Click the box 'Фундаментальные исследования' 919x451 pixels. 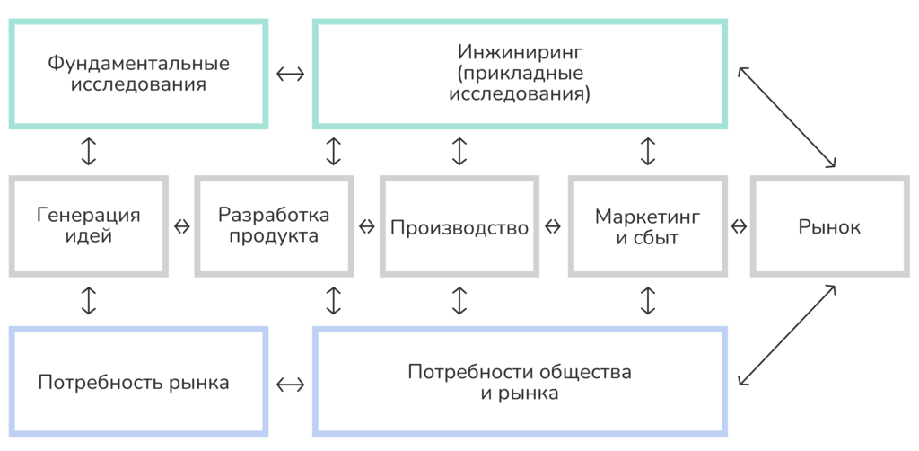(139, 75)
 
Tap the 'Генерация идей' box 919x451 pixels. (88, 226)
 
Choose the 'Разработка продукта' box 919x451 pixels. (274, 226)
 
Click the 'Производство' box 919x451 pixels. (459, 227)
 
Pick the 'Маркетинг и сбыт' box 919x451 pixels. (647, 227)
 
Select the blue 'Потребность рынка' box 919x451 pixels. (139, 383)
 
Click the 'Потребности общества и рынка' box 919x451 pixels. (520, 383)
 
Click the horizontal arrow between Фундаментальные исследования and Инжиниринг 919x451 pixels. (290, 74)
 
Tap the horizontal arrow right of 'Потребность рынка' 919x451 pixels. (290, 385)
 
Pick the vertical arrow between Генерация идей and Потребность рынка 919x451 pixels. (88, 301)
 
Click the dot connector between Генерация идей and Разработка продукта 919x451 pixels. (181, 226)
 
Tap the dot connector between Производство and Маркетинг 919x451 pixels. (552, 226)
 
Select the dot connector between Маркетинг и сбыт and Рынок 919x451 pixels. (739, 226)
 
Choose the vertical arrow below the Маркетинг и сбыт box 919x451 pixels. (647, 301)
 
